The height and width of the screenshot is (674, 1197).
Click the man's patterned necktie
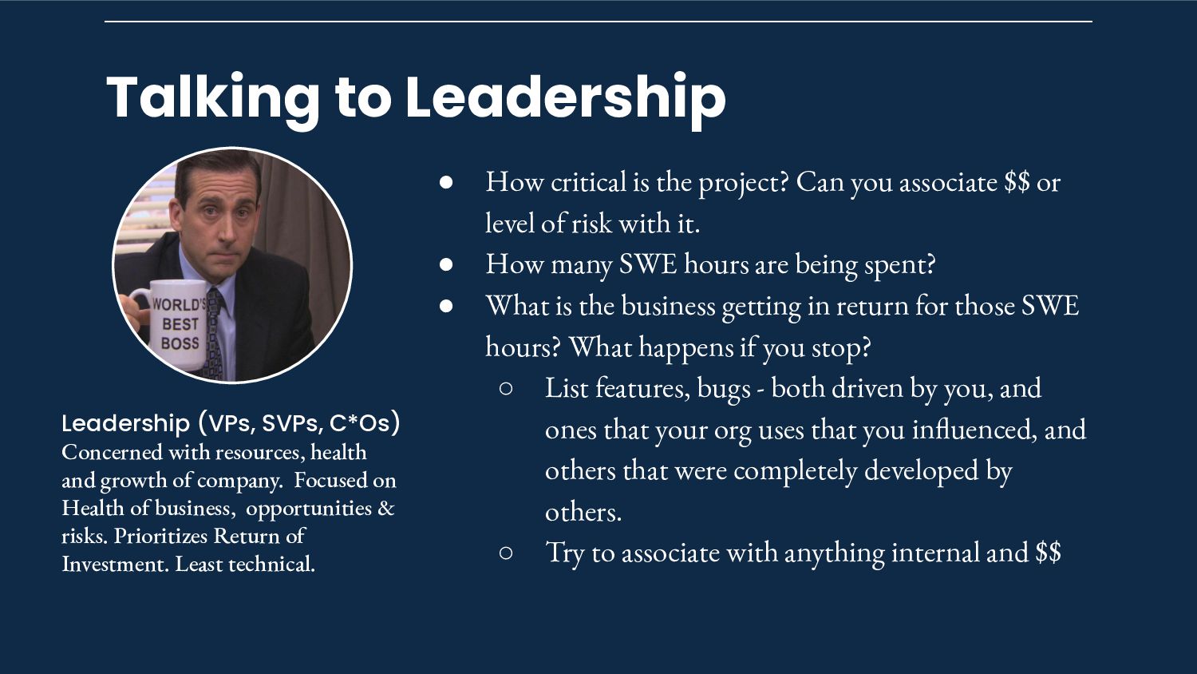click(x=214, y=335)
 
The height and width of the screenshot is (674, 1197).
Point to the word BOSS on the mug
click(x=180, y=343)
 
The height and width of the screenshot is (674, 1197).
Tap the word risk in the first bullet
click(x=591, y=223)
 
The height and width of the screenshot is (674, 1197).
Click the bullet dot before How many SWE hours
click(x=446, y=264)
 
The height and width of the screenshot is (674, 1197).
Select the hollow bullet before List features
click(x=505, y=388)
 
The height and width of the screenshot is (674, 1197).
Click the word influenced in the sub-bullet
click(x=971, y=430)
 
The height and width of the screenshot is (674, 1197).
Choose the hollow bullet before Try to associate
click(x=505, y=553)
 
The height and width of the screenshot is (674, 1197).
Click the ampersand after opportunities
click(x=385, y=508)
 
